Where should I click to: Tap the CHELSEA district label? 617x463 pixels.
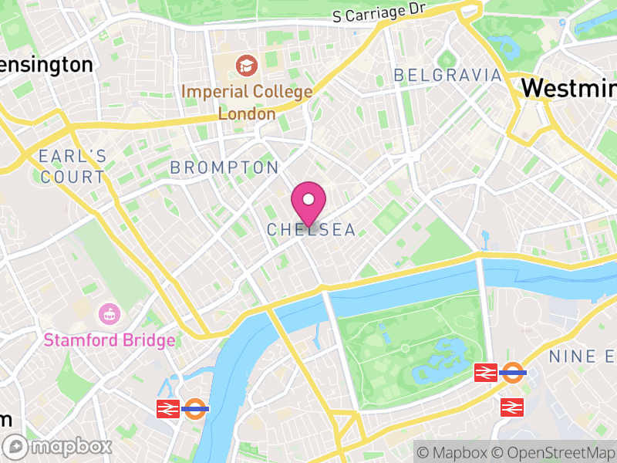tap(312, 230)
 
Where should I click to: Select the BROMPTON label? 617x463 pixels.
tap(224, 167)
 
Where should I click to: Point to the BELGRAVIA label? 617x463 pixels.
tap(447, 76)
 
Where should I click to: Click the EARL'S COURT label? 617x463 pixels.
tap(72, 166)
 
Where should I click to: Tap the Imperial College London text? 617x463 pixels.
tap(247, 103)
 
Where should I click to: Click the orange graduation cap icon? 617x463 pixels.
tap(247, 65)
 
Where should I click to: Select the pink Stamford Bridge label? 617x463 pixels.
tap(109, 340)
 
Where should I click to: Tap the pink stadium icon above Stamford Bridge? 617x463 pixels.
tap(109, 314)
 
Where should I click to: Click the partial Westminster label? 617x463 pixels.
tap(568, 87)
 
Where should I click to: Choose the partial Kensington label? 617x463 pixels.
tap(46, 64)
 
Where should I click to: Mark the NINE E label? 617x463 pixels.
tap(583, 357)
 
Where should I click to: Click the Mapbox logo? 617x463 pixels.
tap(59, 446)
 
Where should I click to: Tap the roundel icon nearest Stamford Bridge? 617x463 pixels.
tap(196, 408)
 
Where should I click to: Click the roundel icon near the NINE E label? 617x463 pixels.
tap(513, 373)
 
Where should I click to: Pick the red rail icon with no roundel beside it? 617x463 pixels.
tap(512, 407)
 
